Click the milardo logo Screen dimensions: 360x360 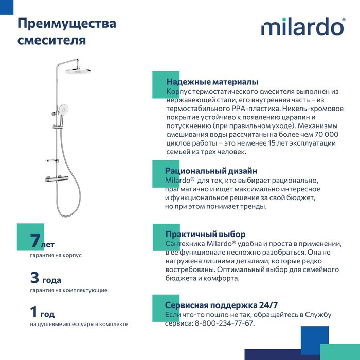(x=303, y=27)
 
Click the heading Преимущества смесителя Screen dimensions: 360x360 (x=67, y=31)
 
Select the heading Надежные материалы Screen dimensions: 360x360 (x=212, y=82)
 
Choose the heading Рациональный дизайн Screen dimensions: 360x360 (x=211, y=171)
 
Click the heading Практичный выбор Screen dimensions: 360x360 (x=205, y=234)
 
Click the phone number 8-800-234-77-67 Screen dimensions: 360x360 (x=224, y=323)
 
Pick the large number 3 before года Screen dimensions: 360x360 (x=34, y=278)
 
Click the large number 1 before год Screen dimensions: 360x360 (x=34, y=312)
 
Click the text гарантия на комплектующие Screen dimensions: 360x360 (x=68, y=290)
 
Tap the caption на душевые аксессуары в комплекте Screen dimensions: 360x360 (x=79, y=324)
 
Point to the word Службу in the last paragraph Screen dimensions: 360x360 (x=319, y=314)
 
